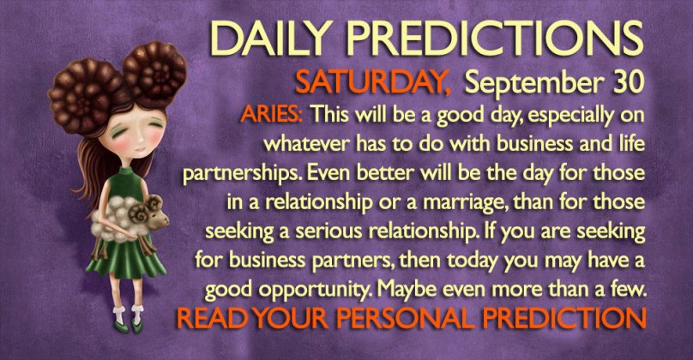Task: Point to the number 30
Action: (628, 82)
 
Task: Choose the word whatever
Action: (304, 143)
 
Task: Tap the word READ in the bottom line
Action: (212, 318)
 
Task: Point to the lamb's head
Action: (154, 215)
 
